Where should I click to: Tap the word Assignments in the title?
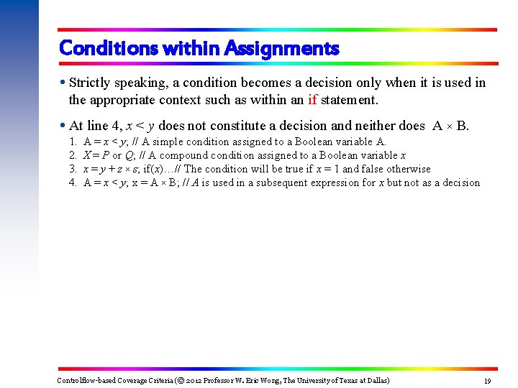pyautogui.click(x=281, y=49)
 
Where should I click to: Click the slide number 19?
pyautogui.click(x=487, y=380)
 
